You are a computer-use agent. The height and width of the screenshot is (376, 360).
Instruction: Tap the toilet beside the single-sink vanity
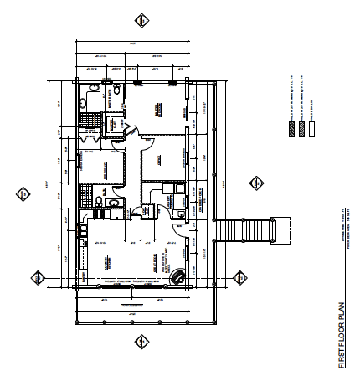tap(100, 203)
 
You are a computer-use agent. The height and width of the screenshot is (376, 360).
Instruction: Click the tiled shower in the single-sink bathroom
tap(84, 197)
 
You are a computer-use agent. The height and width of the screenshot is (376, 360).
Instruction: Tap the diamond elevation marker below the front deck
tap(141, 343)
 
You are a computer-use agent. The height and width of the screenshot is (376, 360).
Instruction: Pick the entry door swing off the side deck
tap(177, 216)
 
